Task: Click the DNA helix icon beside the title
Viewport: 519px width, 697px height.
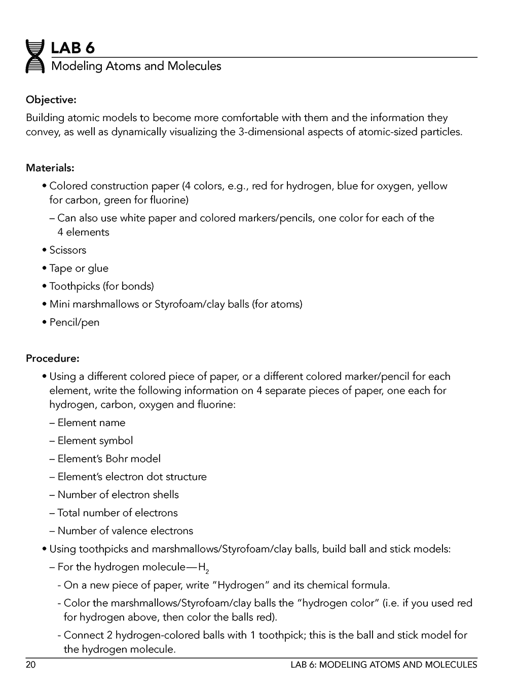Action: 35,56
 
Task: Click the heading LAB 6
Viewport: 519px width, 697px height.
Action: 72,48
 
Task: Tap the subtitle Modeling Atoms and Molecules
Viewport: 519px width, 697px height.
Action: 136,66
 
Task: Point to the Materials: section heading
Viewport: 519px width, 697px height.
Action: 50,167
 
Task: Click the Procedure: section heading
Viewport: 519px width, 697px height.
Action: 52,358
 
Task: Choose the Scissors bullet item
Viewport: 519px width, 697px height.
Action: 67,250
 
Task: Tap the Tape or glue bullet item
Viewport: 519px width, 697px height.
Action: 79,268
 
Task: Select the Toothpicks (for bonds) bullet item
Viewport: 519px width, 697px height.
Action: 101,286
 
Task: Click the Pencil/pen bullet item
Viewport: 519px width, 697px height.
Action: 74,322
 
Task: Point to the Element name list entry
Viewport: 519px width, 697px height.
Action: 91,422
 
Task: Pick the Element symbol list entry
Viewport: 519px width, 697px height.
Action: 95,441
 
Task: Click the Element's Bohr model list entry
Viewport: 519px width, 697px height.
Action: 108,458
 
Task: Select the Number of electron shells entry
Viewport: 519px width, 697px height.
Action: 118,494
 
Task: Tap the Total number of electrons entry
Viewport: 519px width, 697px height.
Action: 117,513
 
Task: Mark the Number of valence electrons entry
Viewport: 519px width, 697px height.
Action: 125,531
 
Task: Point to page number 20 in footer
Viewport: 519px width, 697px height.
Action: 30,665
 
